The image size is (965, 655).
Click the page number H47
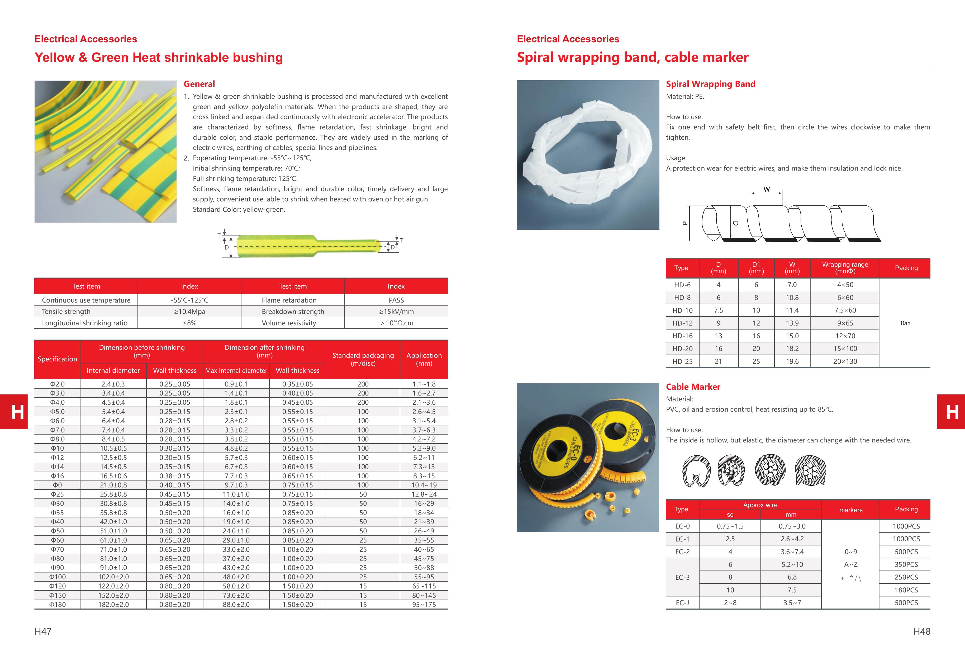[x=43, y=631]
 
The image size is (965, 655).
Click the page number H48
[x=921, y=631]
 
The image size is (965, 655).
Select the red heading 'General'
[x=199, y=84]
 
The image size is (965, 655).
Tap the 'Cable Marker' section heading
[x=693, y=387]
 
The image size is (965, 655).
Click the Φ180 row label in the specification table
[x=57, y=604]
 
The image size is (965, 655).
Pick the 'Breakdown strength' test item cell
[x=293, y=312]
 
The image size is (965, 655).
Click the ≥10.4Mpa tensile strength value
[x=189, y=312]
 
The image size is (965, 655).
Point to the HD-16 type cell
[x=682, y=336]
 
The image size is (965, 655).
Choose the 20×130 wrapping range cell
[x=845, y=361]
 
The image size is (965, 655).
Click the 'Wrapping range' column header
[x=845, y=267]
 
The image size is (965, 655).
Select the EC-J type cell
[x=682, y=603]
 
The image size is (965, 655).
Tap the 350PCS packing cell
[x=906, y=564]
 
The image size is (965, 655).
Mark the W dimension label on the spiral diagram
[x=767, y=189]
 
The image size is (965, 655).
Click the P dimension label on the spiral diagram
[x=685, y=223]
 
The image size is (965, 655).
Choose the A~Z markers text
[x=850, y=564]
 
